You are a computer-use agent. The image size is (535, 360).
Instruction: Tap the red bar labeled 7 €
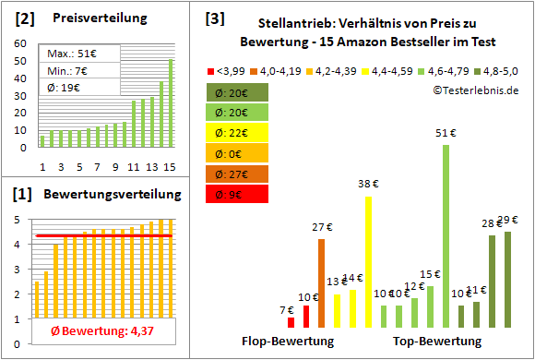point(291,322)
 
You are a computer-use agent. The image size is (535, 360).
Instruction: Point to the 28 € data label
point(492,223)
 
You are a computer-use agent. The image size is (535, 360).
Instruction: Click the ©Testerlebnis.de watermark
point(474,90)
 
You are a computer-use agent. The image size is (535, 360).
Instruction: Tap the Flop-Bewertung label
point(288,341)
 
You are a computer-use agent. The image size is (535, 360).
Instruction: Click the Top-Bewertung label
point(437,341)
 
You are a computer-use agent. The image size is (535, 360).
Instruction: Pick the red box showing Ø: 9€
point(237,194)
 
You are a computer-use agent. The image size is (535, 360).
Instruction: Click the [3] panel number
point(214,18)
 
